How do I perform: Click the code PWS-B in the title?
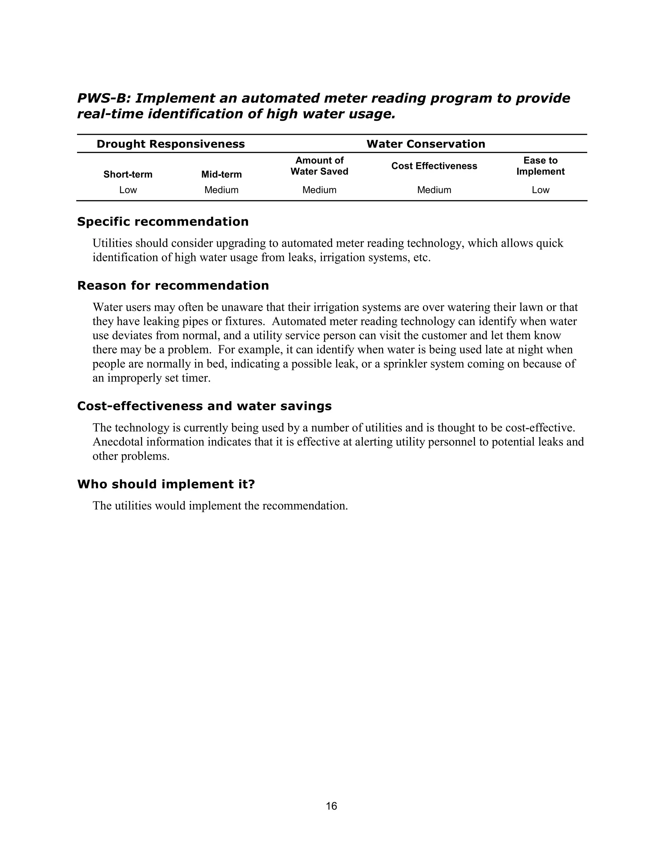[102, 98]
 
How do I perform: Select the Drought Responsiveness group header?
[170, 144]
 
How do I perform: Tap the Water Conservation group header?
[426, 144]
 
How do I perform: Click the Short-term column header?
[128, 175]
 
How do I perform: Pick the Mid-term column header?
[221, 175]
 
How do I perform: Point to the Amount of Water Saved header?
[320, 166]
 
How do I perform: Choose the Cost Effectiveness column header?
[434, 166]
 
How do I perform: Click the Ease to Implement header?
[540, 166]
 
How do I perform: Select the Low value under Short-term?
[128, 190]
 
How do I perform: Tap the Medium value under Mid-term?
[221, 190]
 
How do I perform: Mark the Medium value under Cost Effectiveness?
[434, 190]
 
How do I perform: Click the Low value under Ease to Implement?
[540, 190]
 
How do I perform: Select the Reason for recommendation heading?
[173, 286]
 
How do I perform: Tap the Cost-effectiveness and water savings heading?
[204, 406]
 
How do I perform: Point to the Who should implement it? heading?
[166, 484]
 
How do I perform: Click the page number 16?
[331, 806]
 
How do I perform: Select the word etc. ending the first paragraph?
[422, 258]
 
